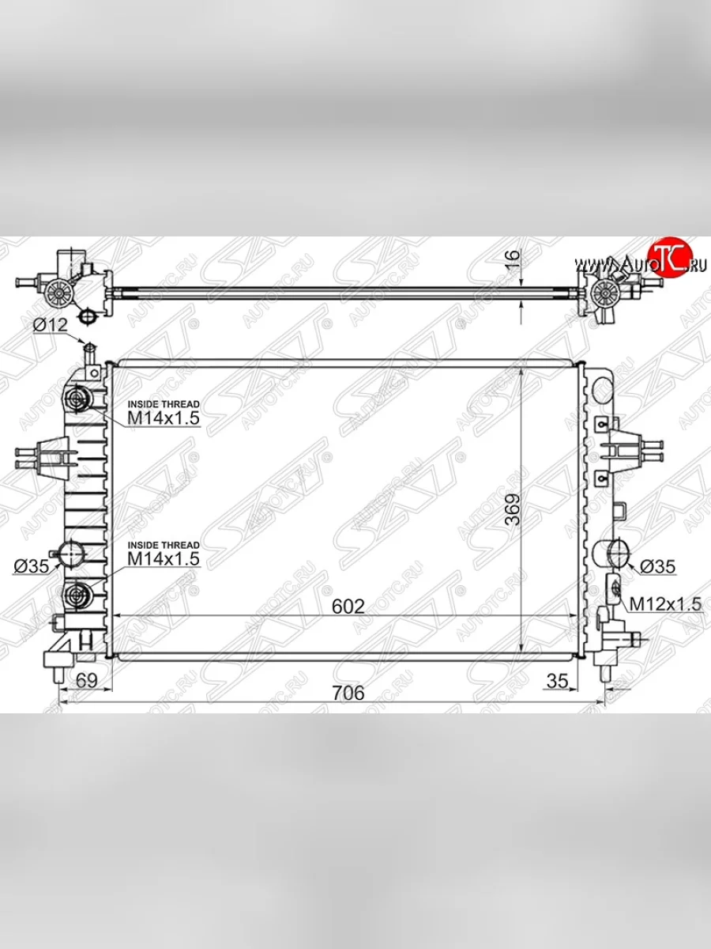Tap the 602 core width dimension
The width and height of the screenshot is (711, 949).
348,607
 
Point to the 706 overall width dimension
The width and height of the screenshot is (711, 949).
348,693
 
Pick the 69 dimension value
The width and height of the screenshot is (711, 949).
86,680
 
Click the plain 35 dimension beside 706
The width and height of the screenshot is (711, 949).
558,680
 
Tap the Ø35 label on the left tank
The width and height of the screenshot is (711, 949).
31,565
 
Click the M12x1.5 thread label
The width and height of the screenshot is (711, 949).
665,604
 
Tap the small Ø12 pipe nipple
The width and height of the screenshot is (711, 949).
88,349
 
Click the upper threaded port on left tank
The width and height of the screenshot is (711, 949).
77,399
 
